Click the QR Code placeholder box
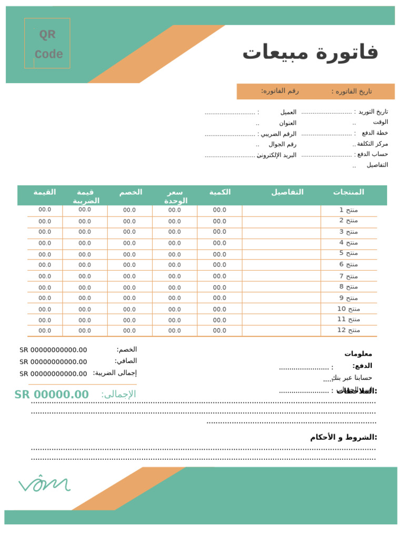tap(47, 44)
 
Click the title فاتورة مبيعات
tap(310, 53)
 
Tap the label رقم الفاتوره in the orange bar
tap(280, 91)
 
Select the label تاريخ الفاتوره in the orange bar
tap(351, 91)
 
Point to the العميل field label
tap(288, 112)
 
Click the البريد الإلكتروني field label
tap(277, 155)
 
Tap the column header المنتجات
tap(348, 192)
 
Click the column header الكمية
tap(220, 192)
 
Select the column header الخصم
tap(130, 192)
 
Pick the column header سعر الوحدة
tap(175, 196)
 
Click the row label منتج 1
tap(348, 210)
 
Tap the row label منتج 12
tap(348, 330)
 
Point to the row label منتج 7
tap(348, 276)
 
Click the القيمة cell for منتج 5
tap(45, 254)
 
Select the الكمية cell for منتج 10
tap(220, 309)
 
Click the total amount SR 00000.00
tap(52, 395)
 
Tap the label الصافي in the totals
tap(126, 361)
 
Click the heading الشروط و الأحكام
tap(344, 437)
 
